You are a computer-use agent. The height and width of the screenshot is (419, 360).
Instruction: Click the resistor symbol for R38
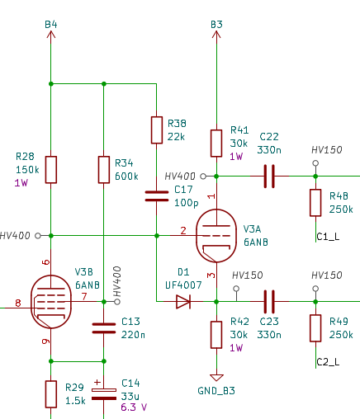pyautogui.click(x=157, y=130)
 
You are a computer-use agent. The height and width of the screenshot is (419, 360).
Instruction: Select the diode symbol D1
pyautogui.click(x=183, y=302)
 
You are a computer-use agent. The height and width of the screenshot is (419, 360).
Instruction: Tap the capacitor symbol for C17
pyautogui.click(x=157, y=196)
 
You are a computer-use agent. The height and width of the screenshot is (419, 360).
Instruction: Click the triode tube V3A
pyautogui.click(x=216, y=236)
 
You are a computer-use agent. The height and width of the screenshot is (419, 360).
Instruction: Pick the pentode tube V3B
pyautogui.click(x=51, y=302)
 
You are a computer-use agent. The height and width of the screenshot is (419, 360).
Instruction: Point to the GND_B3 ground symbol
pyautogui.click(x=216, y=378)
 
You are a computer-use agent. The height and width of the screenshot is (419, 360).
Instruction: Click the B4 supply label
pyautogui.click(x=51, y=25)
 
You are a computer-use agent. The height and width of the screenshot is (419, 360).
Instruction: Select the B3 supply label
pyautogui.click(x=216, y=25)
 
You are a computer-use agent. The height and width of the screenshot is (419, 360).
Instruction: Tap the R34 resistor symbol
pyautogui.click(x=104, y=170)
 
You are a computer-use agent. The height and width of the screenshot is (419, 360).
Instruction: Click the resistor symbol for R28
pyautogui.click(x=51, y=170)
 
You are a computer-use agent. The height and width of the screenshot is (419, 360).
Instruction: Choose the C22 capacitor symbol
pyautogui.click(x=269, y=177)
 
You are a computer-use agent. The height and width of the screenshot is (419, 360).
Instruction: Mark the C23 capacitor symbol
pyautogui.click(x=269, y=302)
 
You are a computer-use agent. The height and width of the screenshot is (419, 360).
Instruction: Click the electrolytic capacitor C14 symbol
pyautogui.click(x=104, y=393)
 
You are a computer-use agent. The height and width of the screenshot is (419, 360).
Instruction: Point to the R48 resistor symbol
pyautogui.click(x=315, y=203)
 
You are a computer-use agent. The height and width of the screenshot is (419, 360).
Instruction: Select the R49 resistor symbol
pyautogui.click(x=315, y=328)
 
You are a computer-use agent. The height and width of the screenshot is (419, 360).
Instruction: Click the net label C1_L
pyautogui.click(x=328, y=237)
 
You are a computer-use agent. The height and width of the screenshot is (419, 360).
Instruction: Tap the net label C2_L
pyautogui.click(x=328, y=362)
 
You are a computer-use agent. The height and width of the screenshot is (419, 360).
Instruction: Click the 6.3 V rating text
pyautogui.click(x=134, y=407)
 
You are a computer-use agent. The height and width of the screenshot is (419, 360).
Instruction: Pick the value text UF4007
pyautogui.click(x=183, y=285)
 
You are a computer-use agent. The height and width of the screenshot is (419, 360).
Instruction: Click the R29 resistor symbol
pyautogui.click(x=51, y=394)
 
